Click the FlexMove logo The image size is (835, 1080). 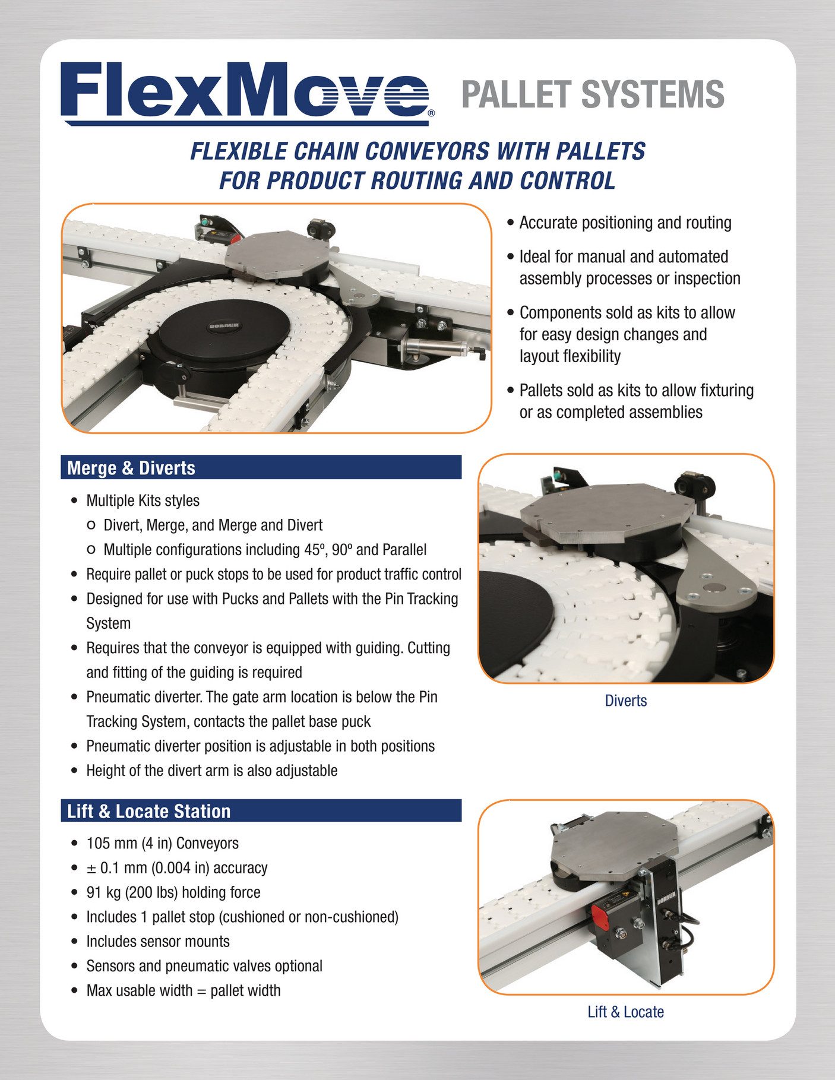pos(248,93)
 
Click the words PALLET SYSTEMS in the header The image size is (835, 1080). pos(593,95)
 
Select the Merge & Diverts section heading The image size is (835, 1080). pos(131,468)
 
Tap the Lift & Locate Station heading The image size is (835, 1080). pos(148,811)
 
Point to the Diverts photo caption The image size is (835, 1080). pos(626,701)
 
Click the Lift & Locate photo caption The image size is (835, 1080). pos(626,1012)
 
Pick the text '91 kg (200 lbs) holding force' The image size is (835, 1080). pos(173,892)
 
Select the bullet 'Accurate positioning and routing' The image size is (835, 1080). pos(625,223)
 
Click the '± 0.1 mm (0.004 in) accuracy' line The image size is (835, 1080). pos(177,868)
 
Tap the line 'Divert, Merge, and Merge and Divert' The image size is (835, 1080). pos(213,525)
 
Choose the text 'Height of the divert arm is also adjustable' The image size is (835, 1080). pos(212,771)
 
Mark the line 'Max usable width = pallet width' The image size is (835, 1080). pos(184,990)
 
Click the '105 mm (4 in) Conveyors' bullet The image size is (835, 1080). pos(163,843)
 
